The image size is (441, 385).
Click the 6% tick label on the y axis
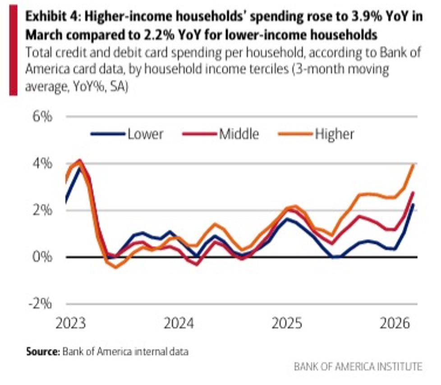click(42, 116)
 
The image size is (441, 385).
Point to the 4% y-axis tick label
click(42, 163)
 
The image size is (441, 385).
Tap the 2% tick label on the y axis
click(42, 211)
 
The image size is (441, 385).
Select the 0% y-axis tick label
click(42, 257)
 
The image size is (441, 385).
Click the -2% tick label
click(40, 304)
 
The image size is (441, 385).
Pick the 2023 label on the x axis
click(71, 323)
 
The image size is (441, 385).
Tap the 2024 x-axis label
click(179, 323)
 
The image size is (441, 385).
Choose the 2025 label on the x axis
click(287, 323)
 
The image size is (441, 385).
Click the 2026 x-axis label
click(395, 323)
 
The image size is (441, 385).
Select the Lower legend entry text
click(145, 134)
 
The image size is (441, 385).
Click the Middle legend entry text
click(239, 134)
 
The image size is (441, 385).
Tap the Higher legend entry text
click(335, 134)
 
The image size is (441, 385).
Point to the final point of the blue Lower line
click(413, 205)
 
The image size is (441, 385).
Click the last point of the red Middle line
click(413, 192)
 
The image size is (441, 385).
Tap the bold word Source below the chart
click(43, 352)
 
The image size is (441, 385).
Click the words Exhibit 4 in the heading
click(53, 16)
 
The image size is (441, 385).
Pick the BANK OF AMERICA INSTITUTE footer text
click(358, 367)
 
